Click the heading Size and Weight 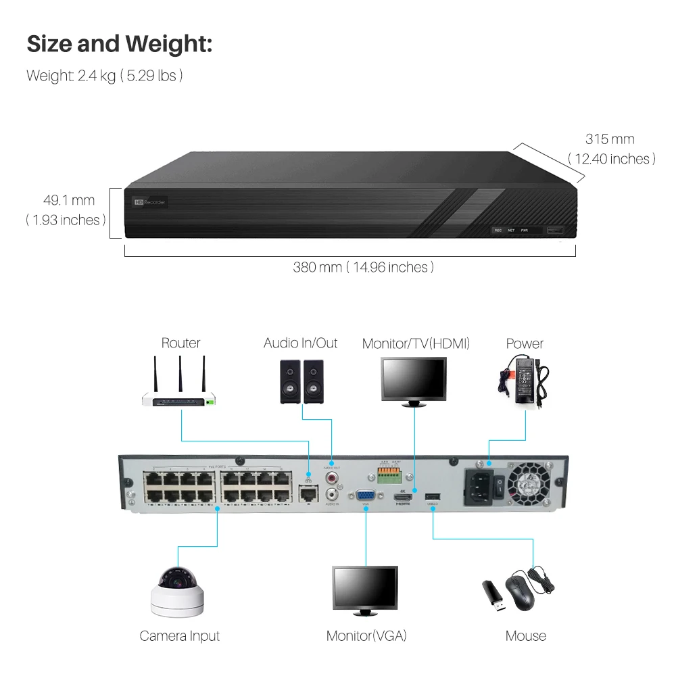coord(119,45)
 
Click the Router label coord(180,343)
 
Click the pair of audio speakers coord(301,381)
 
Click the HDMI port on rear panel coord(404,498)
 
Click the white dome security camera coord(176,592)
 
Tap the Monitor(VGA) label coord(366,636)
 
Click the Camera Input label coord(180,636)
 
